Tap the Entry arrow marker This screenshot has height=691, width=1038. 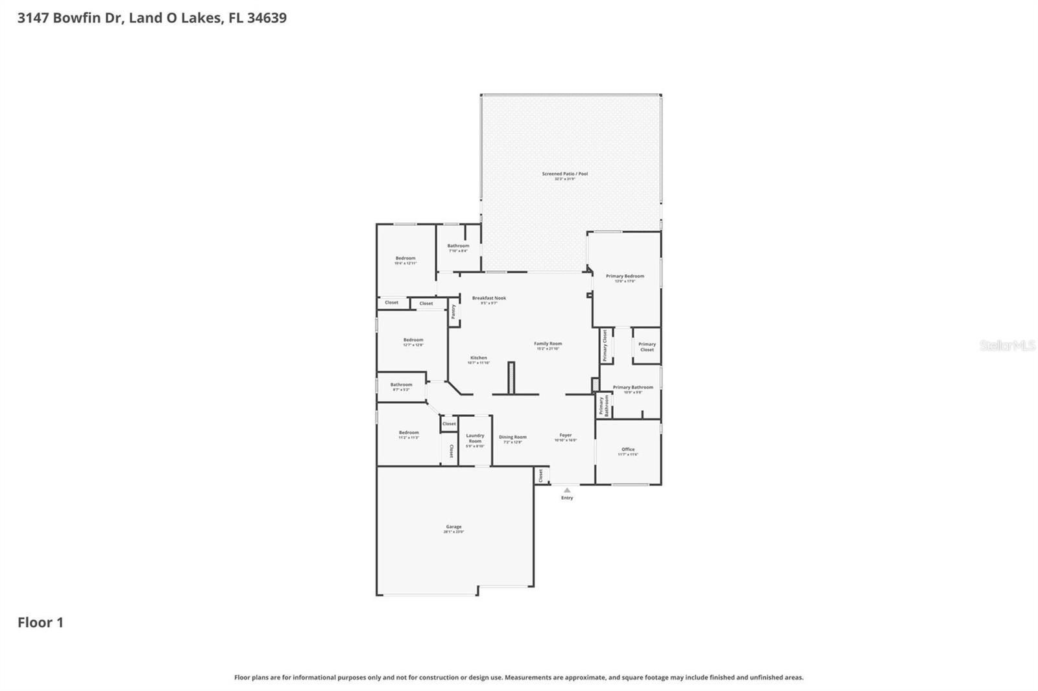pyautogui.click(x=567, y=491)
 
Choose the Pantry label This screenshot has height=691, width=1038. pyautogui.click(x=453, y=311)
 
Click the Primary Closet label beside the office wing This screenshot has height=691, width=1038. pyautogui.click(x=647, y=347)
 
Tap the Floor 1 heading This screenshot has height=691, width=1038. pyautogui.click(x=40, y=622)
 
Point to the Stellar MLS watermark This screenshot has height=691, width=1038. pyautogui.click(x=1007, y=345)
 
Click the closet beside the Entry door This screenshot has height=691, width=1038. pyautogui.click(x=540, y=476)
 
